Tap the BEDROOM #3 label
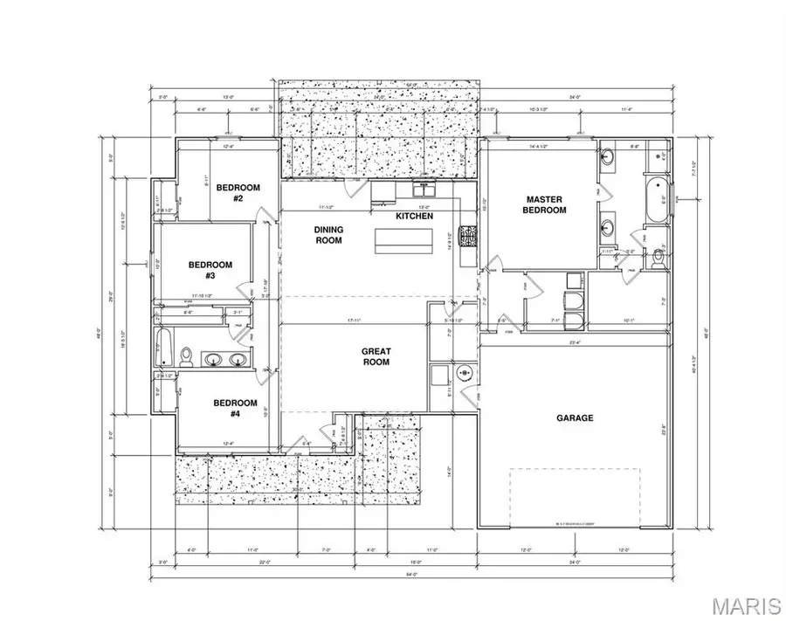click(x=210, y=270)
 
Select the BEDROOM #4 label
click(x=235, y=408)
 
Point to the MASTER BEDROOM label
click(x=544, y=204)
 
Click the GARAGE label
click(x=575, y=418)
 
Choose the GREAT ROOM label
click(x=376, y=356)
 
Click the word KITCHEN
click(x=415, y=215)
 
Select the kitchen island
click(x=404, y=240)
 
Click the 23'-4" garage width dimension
click(x=574, y=342)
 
